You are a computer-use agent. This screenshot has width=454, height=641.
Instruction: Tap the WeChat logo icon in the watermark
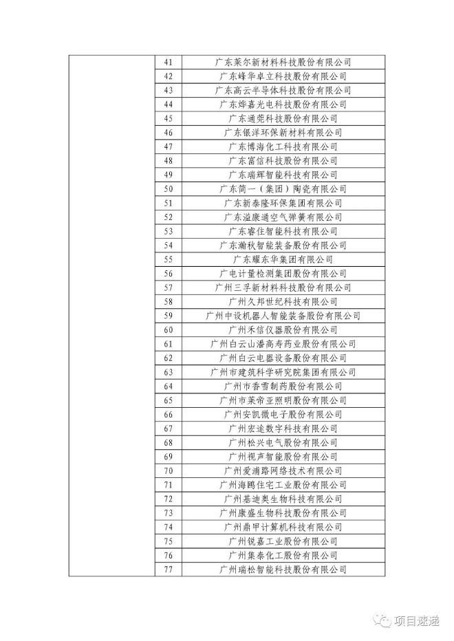[381, 621]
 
